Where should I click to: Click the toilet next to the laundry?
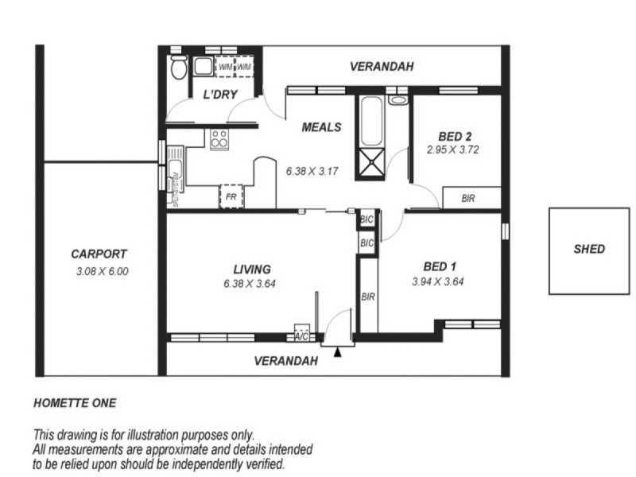178,68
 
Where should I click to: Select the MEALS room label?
321,127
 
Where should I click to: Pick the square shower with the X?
371,165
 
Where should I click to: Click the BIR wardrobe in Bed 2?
468,198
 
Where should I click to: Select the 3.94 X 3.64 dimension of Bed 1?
438,281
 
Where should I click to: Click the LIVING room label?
251,270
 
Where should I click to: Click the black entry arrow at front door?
338,352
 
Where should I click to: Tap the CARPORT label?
99,254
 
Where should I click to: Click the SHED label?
589,249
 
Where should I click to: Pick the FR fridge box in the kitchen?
231,196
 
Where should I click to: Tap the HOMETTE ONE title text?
75,403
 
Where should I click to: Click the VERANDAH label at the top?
382,68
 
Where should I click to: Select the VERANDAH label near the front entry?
285,361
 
